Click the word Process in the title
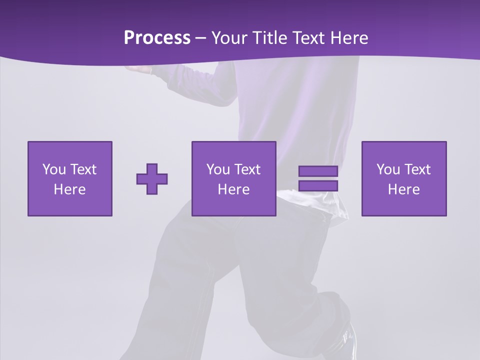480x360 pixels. pos(157,38)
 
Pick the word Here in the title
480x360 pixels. pos(349,38)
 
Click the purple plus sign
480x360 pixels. pos(152,179)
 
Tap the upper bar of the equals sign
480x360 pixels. pos(318,171)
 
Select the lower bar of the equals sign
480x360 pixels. pos(318,185)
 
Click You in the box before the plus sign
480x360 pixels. pos(54,169)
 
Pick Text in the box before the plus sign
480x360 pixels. pos(82,169)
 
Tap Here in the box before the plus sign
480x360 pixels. pos(69,189)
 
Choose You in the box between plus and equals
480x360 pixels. pos(218,169)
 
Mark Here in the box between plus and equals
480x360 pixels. pos(233,189)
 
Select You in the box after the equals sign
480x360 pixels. pos(388,169)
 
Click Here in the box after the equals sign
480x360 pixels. pos(403,189)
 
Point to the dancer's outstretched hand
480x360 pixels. pos(135,68)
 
